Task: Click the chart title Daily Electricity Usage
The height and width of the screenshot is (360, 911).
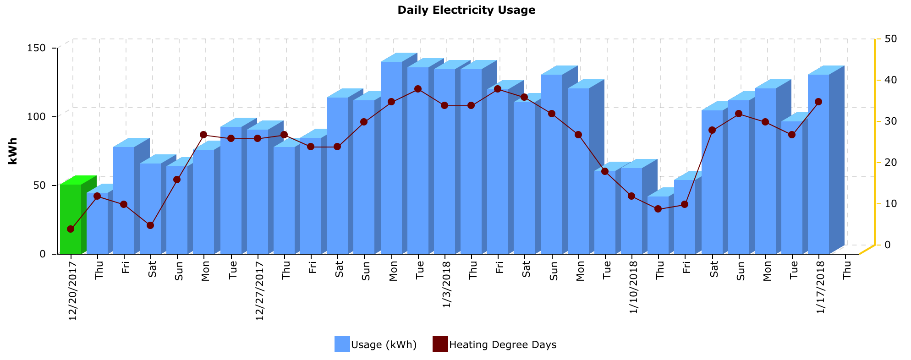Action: (466, 10)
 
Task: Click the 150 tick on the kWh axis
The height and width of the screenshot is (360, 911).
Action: (39, 48)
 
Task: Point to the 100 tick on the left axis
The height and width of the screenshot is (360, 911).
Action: (39, 117)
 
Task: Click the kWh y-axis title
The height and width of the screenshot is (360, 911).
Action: (13, 151)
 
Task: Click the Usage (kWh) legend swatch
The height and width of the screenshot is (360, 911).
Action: (342, 344)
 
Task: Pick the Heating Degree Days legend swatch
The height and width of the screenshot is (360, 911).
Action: (440, 344)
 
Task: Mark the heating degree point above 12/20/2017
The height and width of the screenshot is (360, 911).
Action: (71, 229)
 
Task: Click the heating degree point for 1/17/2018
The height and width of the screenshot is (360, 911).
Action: (818, 102)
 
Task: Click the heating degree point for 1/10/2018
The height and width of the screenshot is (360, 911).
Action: (631, 196)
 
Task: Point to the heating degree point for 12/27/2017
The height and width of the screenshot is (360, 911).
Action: (258, 138)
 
